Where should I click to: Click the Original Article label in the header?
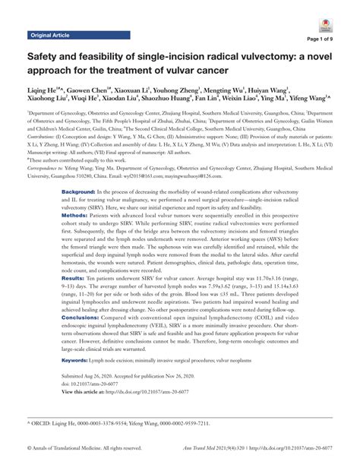coord(50,35)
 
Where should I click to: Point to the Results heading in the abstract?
coord(74,280)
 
